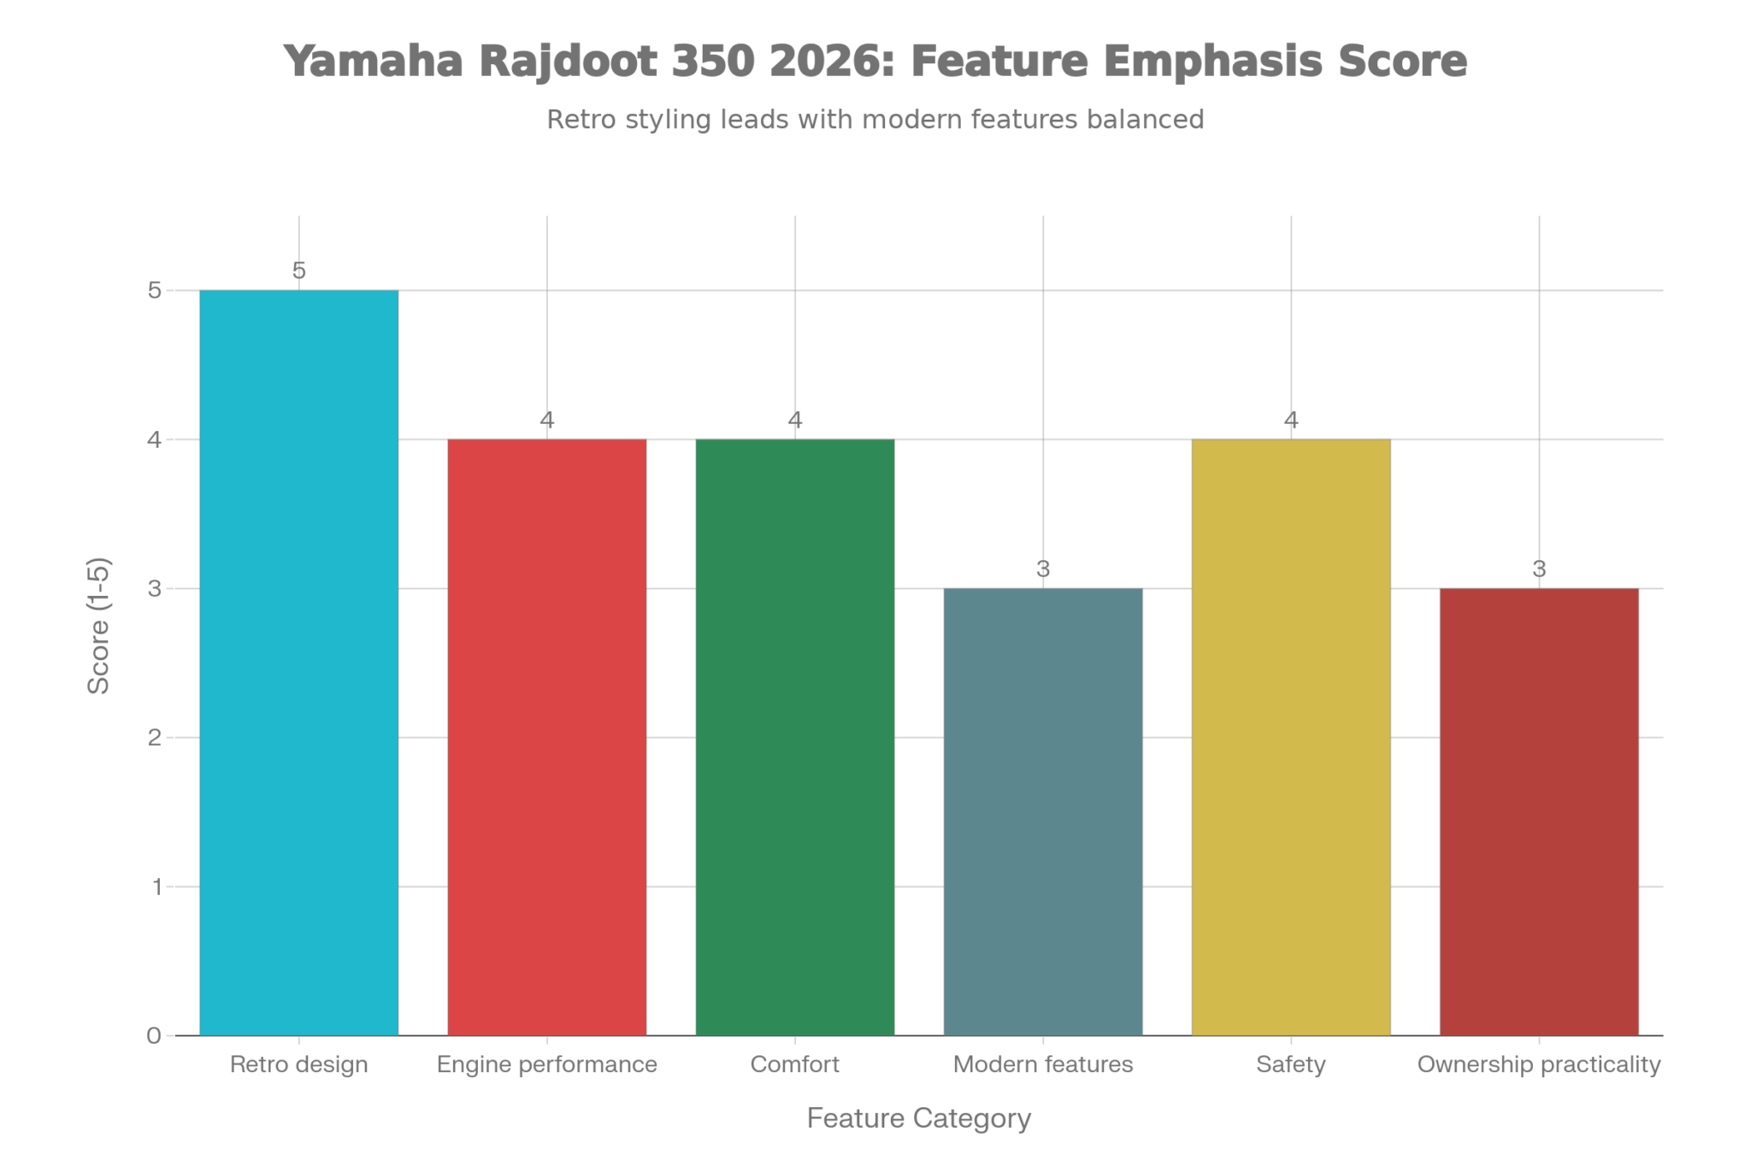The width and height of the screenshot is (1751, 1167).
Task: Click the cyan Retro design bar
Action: click(x=298, y=663)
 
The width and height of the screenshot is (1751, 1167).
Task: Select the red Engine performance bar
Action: click(x=547, y=737)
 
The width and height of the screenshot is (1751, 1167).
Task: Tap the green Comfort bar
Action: click(x=795, y=737)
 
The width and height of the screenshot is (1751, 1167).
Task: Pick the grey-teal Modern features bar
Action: click(x=1043, y=811)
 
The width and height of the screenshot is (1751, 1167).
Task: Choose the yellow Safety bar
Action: click(x=1291, y=737)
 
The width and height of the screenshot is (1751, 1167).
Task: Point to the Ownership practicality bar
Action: click(x=1539, y=811)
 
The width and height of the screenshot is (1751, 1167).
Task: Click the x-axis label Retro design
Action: click(x=298, y=1065)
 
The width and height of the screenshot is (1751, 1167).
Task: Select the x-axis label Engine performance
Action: click(x=547, y=1065)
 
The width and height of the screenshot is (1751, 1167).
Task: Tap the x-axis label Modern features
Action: click(x=1043, y=1065)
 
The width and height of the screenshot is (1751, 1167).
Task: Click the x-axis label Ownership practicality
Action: click(x=1539, y=1065)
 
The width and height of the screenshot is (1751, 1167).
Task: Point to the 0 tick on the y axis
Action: click(x=154, y=1036)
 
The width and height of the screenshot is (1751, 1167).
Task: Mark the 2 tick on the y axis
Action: click(x=154, y=738)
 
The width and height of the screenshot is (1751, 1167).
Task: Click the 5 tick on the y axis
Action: click(x=154, y=291)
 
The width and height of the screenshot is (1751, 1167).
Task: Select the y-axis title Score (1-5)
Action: click(x=100, y=626)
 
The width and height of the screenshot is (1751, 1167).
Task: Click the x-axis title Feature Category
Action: click(x=919, y=1119)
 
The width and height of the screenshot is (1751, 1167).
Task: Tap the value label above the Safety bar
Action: click(x=1291, y=421)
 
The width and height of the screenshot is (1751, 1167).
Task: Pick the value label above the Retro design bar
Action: click(x=298, y=271)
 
